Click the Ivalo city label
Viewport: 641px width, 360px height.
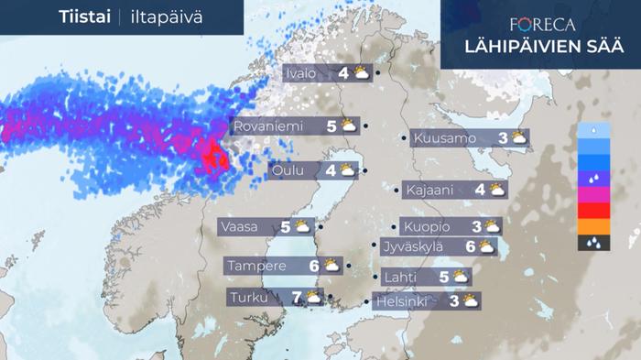[303, 71]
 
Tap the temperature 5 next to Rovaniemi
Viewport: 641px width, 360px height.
[331, 126]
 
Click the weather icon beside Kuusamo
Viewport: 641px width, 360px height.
[519, 138]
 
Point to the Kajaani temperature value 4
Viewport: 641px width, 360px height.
[480, 191]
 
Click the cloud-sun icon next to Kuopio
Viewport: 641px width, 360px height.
[492, 226]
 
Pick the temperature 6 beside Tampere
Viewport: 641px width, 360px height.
[313, 267]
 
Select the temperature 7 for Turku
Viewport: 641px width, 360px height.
[296, 298]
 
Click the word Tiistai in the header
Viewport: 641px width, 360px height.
[84, 17]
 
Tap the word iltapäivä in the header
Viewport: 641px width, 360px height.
[166, 17]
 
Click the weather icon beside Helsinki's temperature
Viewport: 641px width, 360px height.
[471, 300]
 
